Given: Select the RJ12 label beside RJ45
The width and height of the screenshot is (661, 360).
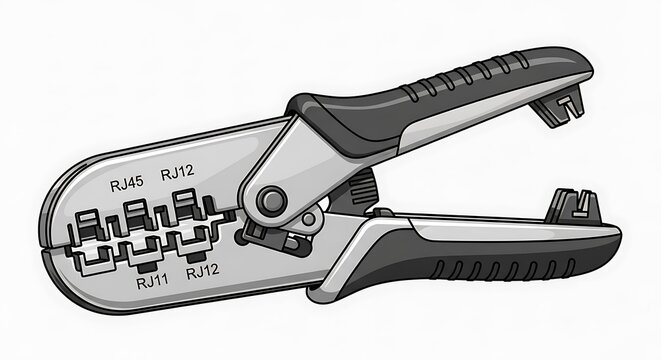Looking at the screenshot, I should pyautogui.click(x=177, y=173).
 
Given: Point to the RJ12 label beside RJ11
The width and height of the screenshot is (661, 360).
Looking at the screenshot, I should pyautogui.click(x=203, y=271).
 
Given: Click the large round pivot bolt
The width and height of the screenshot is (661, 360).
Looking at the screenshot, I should pyautogui.click(x=269, y=201).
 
